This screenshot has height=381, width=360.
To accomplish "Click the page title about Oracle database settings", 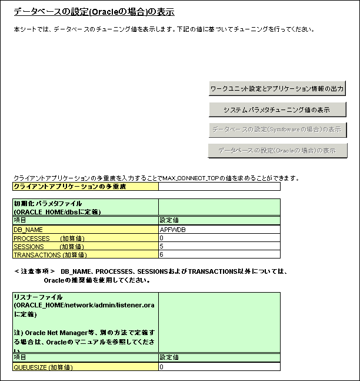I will coord(94,12).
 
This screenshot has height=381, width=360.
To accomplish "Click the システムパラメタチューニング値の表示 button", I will coord(277,110).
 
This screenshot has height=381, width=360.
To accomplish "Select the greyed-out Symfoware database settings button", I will coord(277,129).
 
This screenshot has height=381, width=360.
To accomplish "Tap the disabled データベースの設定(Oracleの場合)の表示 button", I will coord(277,150).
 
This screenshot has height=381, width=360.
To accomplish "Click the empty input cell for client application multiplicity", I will coord(219,187).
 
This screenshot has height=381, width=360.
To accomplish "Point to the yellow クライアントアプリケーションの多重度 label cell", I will coord(85,187).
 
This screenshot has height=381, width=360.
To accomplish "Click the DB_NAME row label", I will coord(85,229).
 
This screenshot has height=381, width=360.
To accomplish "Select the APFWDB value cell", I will coord(219,229).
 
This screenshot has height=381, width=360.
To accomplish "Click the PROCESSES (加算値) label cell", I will coord(85,238).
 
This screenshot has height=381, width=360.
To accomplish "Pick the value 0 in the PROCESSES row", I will coord(219,238).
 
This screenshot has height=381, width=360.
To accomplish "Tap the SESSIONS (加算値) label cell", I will coord(85,246).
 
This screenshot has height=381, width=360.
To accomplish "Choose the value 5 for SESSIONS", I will coord(219,246).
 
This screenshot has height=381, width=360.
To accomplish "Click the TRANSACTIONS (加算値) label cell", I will coord(85,255).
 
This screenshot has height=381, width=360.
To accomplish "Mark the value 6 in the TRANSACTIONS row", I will coord(219,255).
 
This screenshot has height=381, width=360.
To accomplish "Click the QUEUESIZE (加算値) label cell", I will coord(85,367).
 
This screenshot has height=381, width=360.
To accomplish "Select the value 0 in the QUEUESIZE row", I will coord(219,367).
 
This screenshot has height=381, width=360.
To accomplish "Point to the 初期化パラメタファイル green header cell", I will coord(85,207).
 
